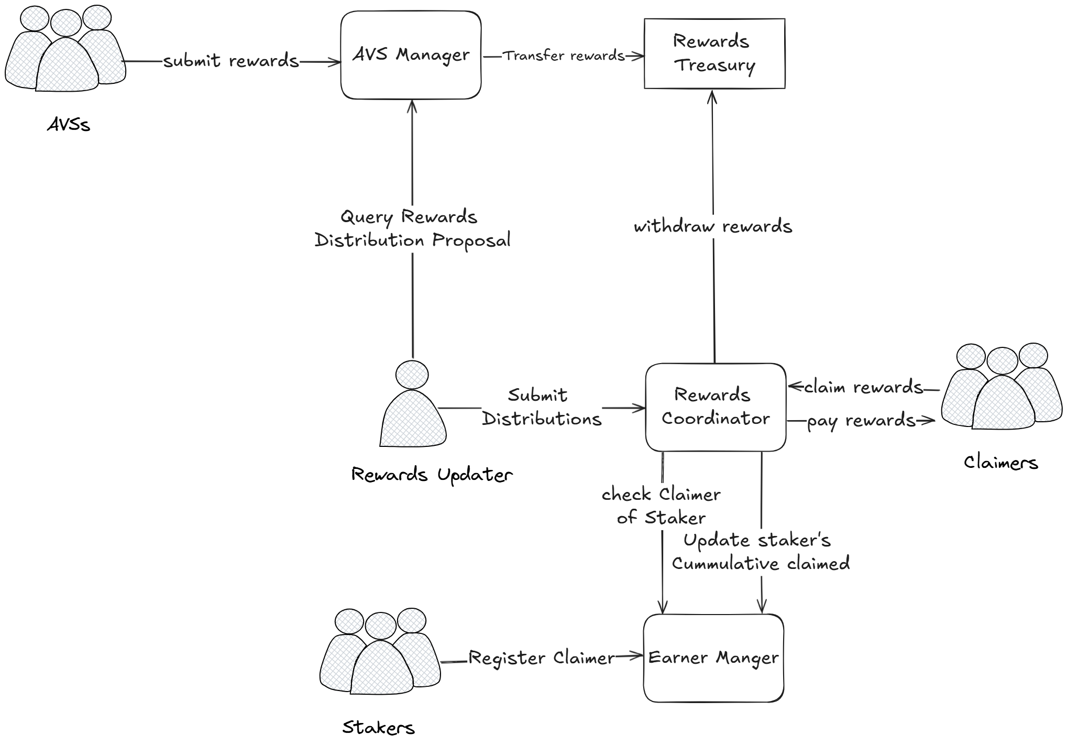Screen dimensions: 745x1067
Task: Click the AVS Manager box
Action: pos(411,55)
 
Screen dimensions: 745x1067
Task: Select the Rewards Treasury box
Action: pos(714,53)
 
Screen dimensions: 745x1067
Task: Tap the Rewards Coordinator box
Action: pos(716,407)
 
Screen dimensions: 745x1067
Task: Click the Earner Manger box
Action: pos(713,658)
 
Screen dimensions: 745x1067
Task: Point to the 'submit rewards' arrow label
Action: pos(230,61)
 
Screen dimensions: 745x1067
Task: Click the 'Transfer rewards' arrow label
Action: pos(564,56)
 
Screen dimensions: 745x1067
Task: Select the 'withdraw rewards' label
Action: pos(713,226)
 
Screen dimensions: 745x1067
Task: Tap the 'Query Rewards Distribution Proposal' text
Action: pos(412,228)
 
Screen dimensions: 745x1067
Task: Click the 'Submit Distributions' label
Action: pos(541,407)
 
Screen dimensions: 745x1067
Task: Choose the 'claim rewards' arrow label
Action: pos(863,387)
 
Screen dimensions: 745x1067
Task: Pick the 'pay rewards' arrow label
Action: pos(861,421)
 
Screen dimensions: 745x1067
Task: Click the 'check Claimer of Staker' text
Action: pos(661,506)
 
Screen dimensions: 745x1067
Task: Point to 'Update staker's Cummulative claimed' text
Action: pos(760,552)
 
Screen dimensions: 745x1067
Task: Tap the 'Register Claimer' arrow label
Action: pos(541,658)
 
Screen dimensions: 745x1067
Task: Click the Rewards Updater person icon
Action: pos(413,406)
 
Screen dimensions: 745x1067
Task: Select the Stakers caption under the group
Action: pos(378,727)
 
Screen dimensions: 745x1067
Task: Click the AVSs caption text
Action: pos(69,125)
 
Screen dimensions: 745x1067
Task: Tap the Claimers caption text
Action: pos(1000,462)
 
